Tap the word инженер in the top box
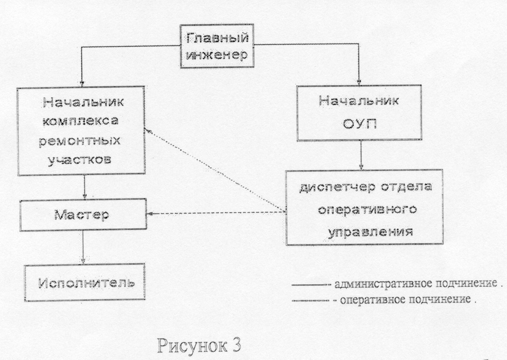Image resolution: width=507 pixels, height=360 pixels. coord(217,55)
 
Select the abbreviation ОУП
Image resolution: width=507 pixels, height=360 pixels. coord(360,124)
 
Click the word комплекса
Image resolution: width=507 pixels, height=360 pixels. coord(81,121)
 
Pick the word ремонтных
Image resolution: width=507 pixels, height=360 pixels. coord(80,142)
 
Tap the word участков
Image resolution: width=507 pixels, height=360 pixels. coord(80,160)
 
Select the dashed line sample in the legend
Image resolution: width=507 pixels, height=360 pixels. coord(310,301)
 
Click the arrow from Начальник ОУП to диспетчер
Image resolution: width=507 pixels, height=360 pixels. coord(361,155)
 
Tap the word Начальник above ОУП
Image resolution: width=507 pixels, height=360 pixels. coord(359,101)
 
